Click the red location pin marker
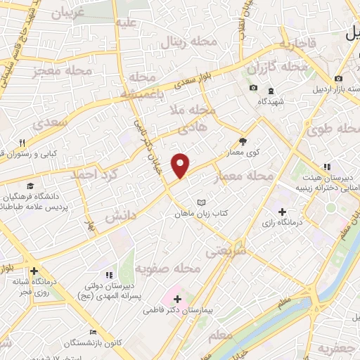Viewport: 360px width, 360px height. tap(181, 165)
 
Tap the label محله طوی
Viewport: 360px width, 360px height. tap(333, 129)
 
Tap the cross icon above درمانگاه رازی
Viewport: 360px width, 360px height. tap(283, 212)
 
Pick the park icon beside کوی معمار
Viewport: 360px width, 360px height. tap(243, 141)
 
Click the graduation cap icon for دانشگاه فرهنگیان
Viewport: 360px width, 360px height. tap(30, 186)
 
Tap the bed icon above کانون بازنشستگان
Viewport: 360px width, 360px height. tap(93, 332)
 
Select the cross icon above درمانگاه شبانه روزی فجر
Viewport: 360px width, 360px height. tap(34, 271)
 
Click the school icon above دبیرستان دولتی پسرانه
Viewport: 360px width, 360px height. tap(108, 274)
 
